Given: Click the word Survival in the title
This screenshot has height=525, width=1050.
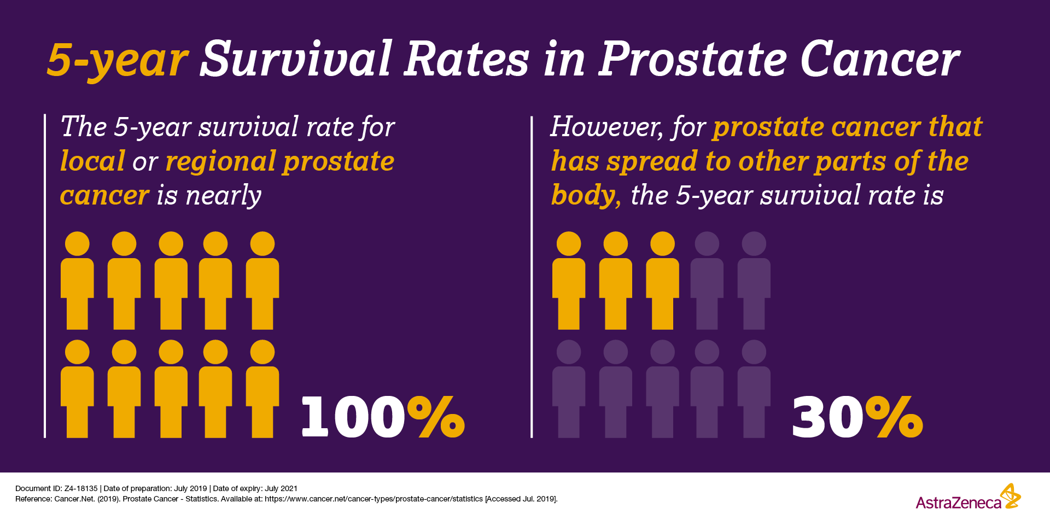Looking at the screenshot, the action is (296, 59).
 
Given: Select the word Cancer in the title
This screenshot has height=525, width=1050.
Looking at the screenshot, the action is (880, 59).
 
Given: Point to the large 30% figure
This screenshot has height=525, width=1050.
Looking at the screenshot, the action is (857, 417).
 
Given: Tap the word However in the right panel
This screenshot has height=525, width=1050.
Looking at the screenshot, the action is (606, 127).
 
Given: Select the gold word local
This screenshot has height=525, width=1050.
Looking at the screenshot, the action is (92, 161).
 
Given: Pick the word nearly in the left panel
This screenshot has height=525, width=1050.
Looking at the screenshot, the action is (223, 196).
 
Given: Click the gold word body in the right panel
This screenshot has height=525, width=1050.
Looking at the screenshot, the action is (586, 195).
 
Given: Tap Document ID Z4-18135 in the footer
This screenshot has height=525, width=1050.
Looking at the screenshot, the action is (56, 488).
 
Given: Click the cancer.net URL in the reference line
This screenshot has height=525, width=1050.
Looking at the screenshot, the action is (374, 499).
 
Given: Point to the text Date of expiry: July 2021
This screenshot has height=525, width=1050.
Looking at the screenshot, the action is (255, 488).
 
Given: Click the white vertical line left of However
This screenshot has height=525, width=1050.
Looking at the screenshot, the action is (532, 277).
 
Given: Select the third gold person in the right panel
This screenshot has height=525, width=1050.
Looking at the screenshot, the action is (663, 281).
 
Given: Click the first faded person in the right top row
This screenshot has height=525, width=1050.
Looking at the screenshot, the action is (707, 281).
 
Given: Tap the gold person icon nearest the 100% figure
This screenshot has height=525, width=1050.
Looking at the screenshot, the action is (262, 389).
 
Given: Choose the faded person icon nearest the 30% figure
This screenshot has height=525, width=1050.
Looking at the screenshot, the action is (754, 389).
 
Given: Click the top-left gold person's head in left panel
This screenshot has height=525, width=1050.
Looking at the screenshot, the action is (77, 244).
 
